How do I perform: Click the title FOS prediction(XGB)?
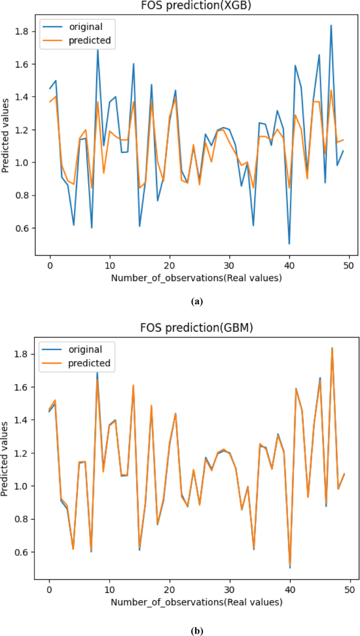click(196, 6)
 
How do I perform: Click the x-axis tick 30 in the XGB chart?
click(229, 266)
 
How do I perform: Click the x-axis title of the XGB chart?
click(196, 279)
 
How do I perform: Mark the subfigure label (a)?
click(196, 301)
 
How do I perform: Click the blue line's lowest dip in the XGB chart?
click(289, 243)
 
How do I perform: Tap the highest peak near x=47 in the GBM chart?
click(331, 348)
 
